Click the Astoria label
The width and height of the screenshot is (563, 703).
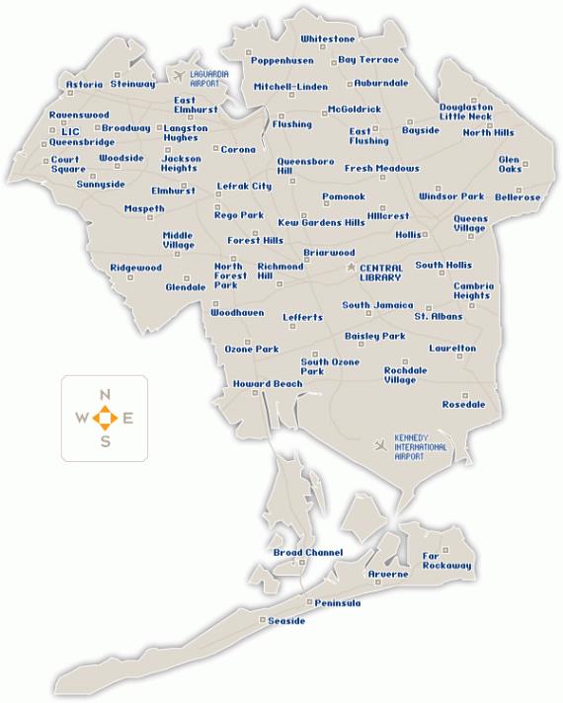(x=84, y=85)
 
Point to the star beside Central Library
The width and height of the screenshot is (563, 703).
(x=351, y=268)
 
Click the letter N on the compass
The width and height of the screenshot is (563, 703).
(x=105, y=395)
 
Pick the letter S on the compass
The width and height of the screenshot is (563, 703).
(x=105, y=440)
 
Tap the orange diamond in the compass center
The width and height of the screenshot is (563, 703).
(x=105, y=418)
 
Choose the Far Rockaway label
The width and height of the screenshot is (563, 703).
(x=447, y=561)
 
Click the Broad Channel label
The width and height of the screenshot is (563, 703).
(x=307, y=552)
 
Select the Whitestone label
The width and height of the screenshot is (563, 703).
(x=328, y=39)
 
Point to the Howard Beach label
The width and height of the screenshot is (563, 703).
(x=268, y=383)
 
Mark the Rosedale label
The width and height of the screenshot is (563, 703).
(x=463, y=404)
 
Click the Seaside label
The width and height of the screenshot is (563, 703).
(x=286, y=621)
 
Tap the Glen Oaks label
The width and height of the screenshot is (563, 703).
(x=510, y=164)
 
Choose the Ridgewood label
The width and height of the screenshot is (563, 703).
(x=135, y=268)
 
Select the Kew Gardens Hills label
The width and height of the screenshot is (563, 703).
(x=321, y=222)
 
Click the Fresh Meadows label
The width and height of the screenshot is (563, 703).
(x=381, y=168)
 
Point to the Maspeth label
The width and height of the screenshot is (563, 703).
(x=144, y=208)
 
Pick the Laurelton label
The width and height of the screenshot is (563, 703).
(x=452, y=348)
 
